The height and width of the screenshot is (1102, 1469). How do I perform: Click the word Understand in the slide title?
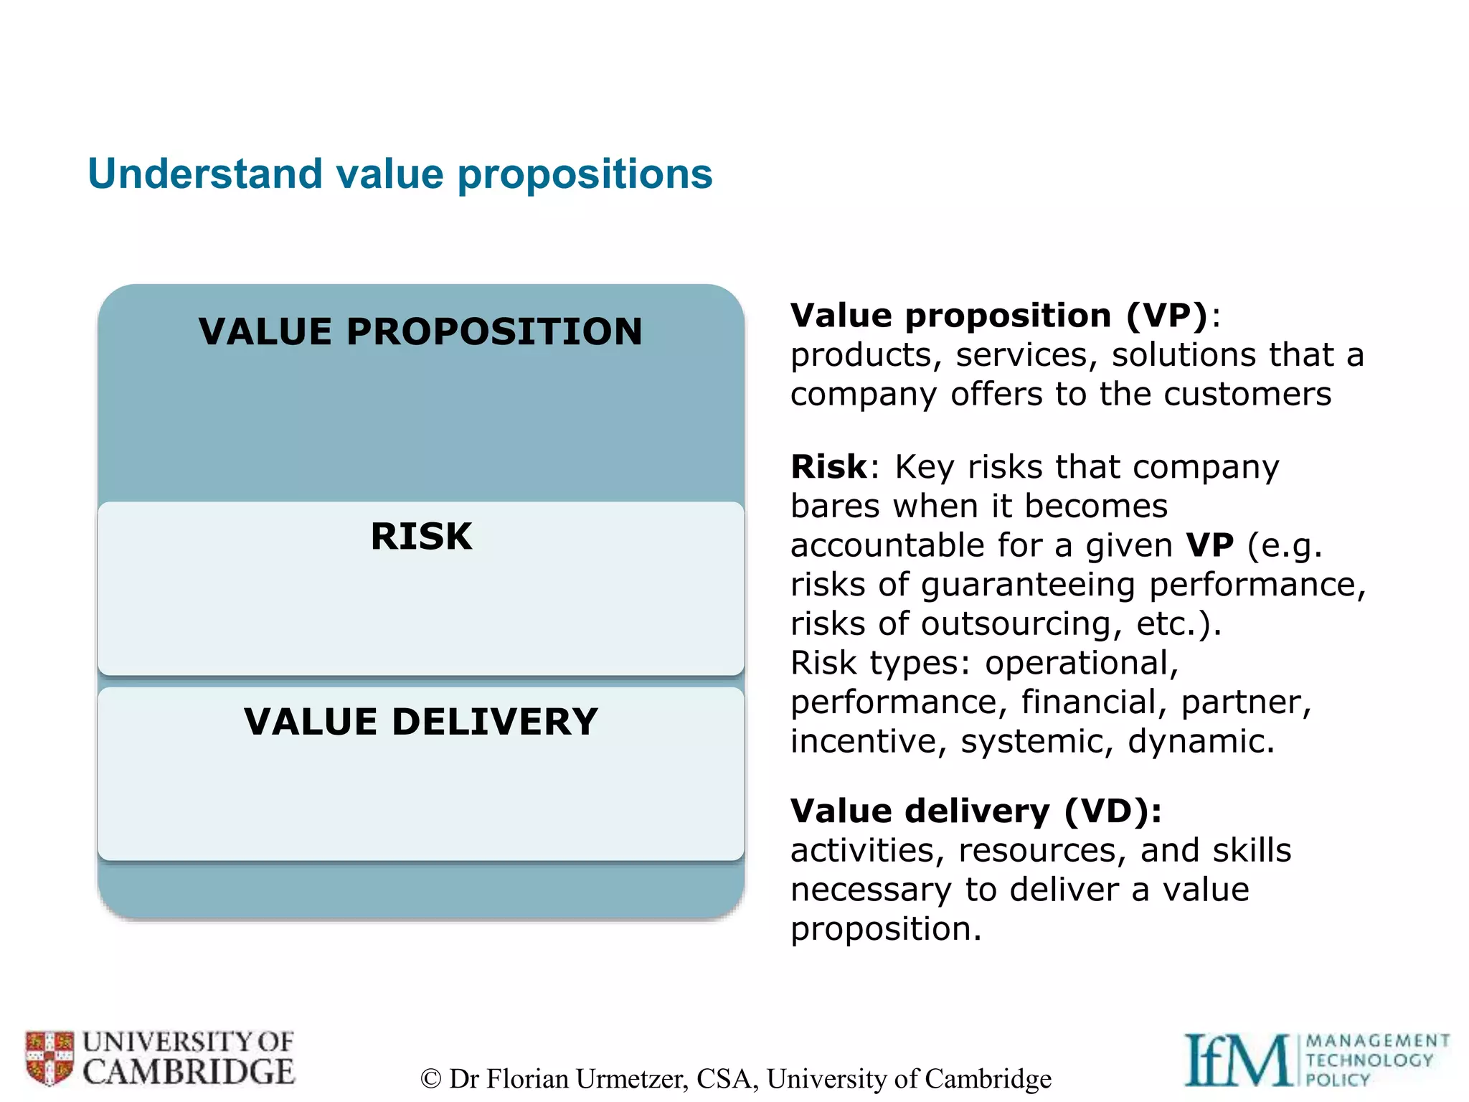click(x=205, y=174)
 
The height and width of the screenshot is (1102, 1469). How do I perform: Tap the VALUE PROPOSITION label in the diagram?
click(x=420, y=331)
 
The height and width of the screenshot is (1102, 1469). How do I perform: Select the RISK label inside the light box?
click(x=421, y=536)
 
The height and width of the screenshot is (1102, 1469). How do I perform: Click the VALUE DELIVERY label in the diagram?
click(x=420, y=721)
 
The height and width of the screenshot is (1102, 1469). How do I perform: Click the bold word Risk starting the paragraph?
click(x=828, y=467)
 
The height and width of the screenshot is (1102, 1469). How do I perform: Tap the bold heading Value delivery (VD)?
click(x=976, y=811)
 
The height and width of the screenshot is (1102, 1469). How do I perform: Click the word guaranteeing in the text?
click(x=1028, y=585)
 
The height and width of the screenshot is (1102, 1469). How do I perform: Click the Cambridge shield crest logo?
click(x=49, y=1058)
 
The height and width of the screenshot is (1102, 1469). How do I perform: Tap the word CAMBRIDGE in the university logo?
click(x=188, y=1072)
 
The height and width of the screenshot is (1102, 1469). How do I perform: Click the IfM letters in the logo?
click(x=1237, y=1060)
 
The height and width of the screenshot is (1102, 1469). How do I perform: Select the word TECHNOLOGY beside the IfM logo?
click(x=1369, y=1060)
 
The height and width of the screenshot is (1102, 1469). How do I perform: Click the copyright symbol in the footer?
click(x=430, y=1079)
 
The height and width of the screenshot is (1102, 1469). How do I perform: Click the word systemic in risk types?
click(x=1037, y=741)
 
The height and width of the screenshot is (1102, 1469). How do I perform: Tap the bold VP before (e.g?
click(x=1209, y=545)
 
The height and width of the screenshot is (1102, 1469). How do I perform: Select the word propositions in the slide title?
click(x=585, y=174)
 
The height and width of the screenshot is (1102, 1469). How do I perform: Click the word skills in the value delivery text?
click(x=1252, y=850)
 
